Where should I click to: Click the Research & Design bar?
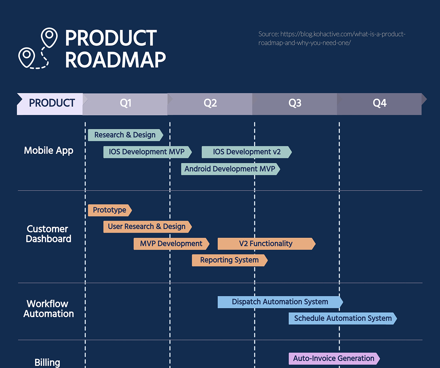click(125, 135)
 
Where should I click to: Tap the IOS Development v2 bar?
click(246, 152)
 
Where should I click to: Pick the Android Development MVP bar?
click(230, 169)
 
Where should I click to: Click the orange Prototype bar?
click(110, 210)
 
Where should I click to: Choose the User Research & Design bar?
click(147, 227)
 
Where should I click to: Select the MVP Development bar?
click(171, 244)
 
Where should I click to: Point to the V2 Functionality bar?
click(266, 244)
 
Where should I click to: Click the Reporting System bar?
click(230, 260)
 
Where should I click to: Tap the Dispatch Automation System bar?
click(280, 302)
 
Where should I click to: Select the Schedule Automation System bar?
click(342, 319)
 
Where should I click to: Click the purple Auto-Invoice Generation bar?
click(334, 358)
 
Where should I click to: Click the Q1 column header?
click(125, 104)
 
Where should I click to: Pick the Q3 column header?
click(295, 104)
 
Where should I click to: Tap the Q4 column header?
click(379, 104)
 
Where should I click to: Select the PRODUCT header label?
click(52, 104)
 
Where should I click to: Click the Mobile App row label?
click(48, 150)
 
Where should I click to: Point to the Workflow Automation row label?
click(48, 309)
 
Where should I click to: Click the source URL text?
click(332, 38)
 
